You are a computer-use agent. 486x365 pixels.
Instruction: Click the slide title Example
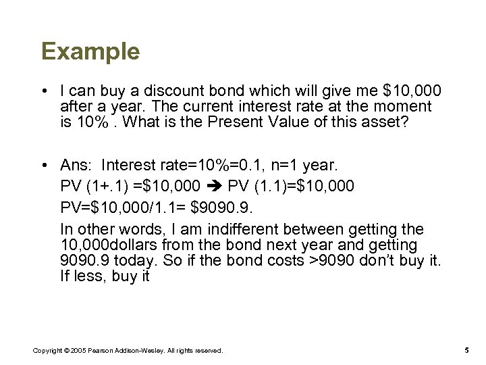coord(90,51)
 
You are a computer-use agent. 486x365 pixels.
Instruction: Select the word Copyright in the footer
coord(47,349)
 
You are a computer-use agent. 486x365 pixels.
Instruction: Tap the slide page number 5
coord(467,349)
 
